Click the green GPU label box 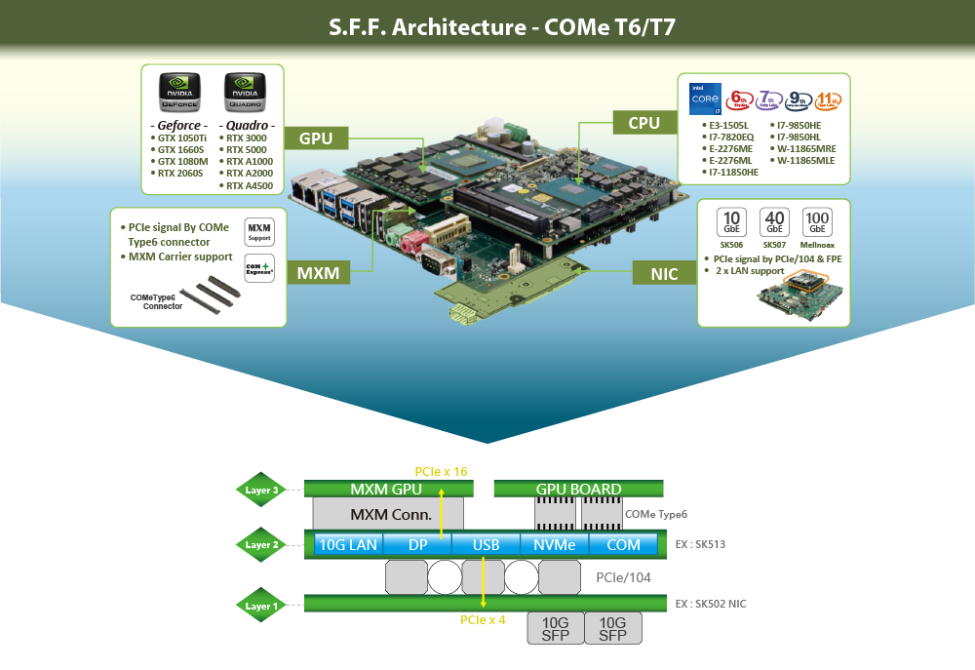tap(317, 138)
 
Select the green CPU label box tap(643, 123)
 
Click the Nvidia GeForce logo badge tap(179, 94)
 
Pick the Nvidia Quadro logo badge tap(244, 94)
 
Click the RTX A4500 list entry tap(248, 185)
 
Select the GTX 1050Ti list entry tap(180, 138)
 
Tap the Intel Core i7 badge tap(703, 99)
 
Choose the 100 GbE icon tap(817, 221)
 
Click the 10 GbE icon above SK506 tap(731, 221)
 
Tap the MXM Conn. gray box tap(388, 513)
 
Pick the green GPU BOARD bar tap(578, 489)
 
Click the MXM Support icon tap(260, 231)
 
